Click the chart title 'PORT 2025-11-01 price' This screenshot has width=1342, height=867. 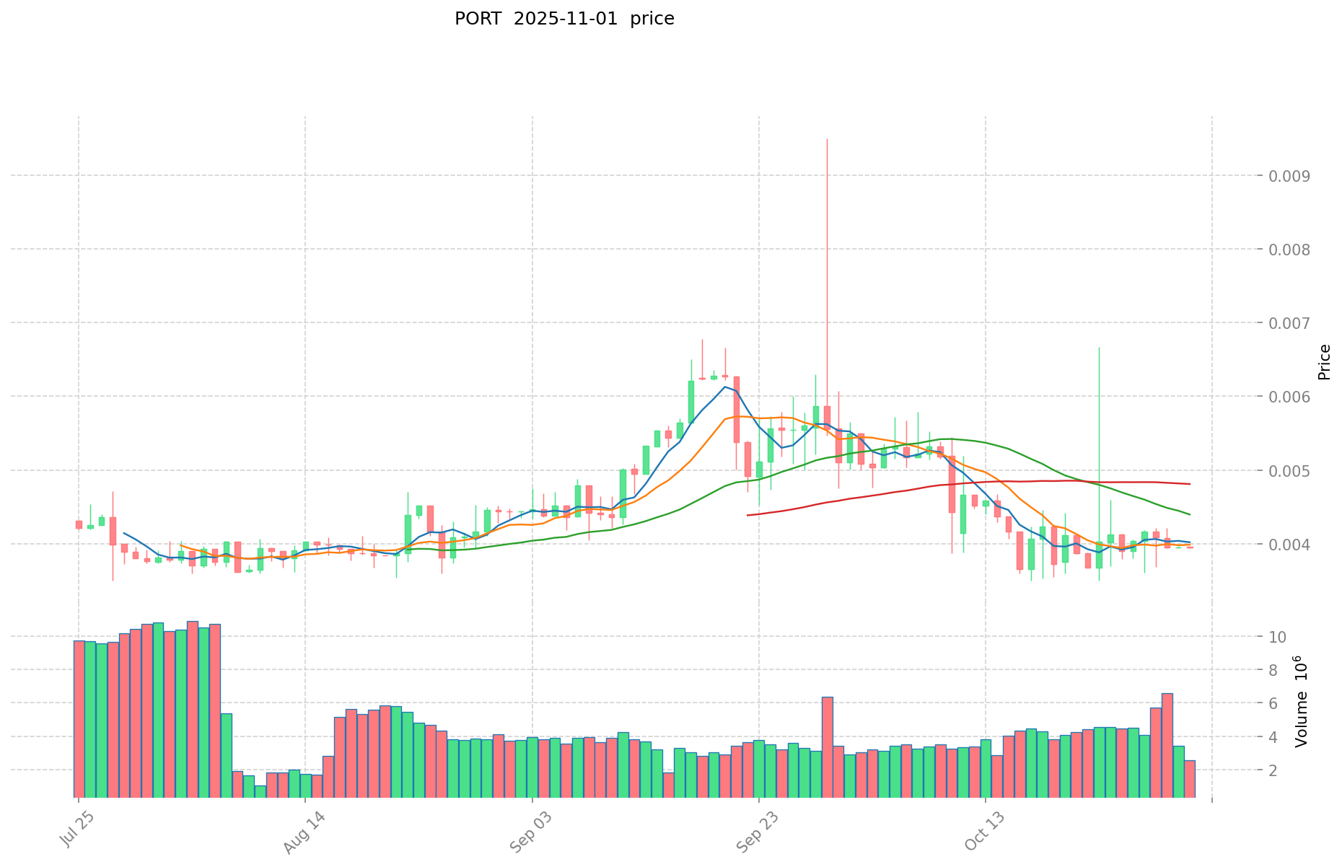tap(564, 19)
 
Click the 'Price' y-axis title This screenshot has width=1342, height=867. tap(1323, 362)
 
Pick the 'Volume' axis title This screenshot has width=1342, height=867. tap(1302, 701)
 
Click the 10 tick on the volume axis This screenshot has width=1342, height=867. tap(1278, 637)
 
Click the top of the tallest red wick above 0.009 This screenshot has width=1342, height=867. tap(827, 139)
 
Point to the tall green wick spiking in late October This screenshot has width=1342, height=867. tap(1099, 349)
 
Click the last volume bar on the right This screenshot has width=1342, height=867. tap(1190, 779)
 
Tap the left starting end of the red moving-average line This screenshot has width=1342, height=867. tap(747, 515)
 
